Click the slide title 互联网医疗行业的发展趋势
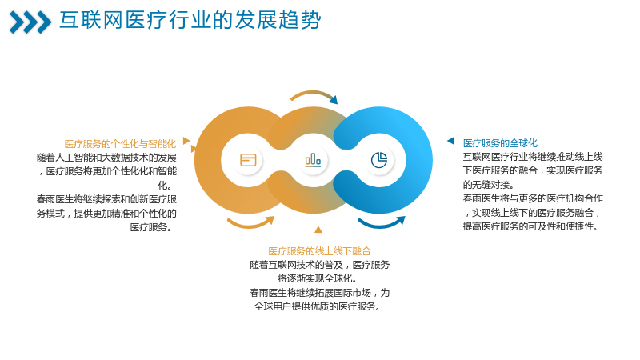pos(190,20)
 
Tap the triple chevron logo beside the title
pos(30,22)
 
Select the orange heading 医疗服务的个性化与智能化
pos(120,144)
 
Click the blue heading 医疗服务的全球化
pos(500,143)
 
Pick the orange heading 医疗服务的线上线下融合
pos(319,251)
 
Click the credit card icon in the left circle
pos(248,160)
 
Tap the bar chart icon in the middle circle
pos(313,160)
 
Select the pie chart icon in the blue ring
pos(378,160)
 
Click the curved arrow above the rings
pos(314,93)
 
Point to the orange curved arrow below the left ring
pos(250,224)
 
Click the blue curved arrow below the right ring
pos(382,224)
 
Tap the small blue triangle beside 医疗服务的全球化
pos(451,141)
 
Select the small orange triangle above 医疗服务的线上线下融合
pos(318,230)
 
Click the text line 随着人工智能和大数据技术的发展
pos(106,158)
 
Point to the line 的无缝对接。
pos(488,185)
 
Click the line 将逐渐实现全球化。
pos(318,278)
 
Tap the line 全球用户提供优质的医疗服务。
pos(318,306)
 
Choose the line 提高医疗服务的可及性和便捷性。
pos(530,226)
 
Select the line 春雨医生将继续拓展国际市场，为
pos(319,293)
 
